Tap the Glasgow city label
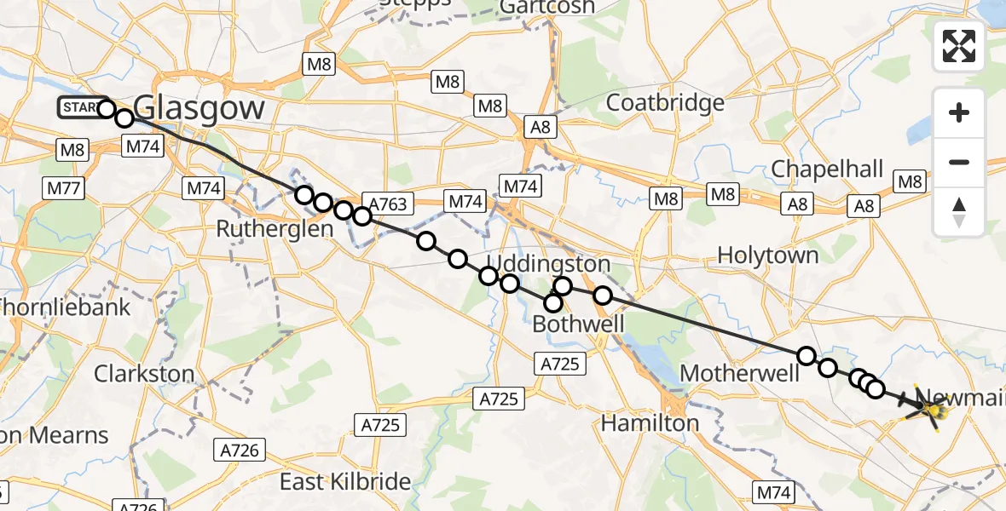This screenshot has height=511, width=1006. tap(199, 109)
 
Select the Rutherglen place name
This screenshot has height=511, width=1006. tap(274, 228)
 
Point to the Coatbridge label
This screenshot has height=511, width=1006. tap(665, 103)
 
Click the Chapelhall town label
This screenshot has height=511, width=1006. tap(827, 169)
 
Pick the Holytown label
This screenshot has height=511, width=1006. tap(767, 255)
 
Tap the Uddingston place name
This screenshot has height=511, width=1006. tap(548, 262)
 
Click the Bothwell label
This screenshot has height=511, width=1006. tap(578, 324)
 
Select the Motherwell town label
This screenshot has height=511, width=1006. tap(740, 373)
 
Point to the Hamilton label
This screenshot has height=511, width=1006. tap(650, 422)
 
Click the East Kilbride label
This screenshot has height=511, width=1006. tap(345, 481)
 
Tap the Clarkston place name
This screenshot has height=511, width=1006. tap(144, 373)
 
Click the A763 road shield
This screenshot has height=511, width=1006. tap(388, 203)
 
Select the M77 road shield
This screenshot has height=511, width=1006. tap(61, 187)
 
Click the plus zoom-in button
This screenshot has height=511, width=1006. tap(959, 112)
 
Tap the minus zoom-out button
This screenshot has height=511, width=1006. tap(959, 162)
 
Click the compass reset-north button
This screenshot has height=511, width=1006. tap(959, 212)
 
